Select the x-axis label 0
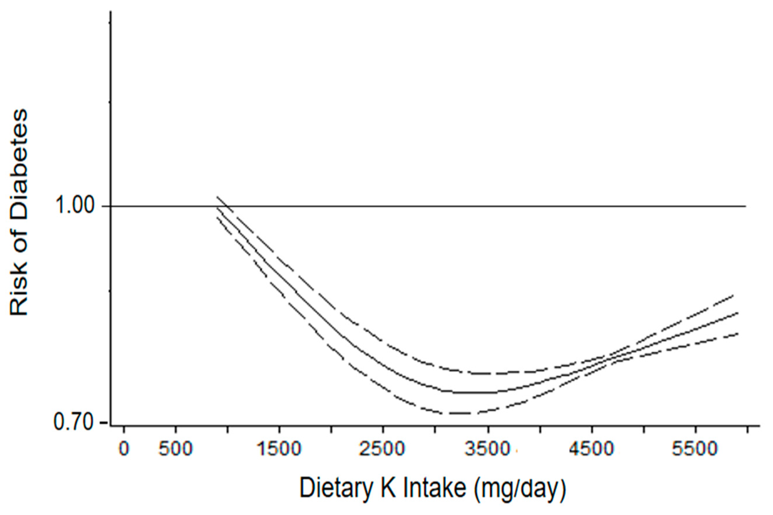(x=124, y=449)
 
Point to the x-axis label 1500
(x=279, y=449)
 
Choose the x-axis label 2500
(x=382, y=449)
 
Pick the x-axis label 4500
(x=591, y=449)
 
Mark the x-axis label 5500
(x=695, y=449)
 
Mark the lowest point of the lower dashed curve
(x=459, y=413)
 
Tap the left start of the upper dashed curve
(x=217, y=196)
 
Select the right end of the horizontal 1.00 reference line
(x=745, y=206)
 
